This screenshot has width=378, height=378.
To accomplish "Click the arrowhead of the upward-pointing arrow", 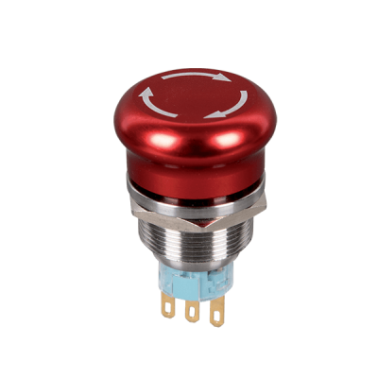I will coord(147,93).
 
